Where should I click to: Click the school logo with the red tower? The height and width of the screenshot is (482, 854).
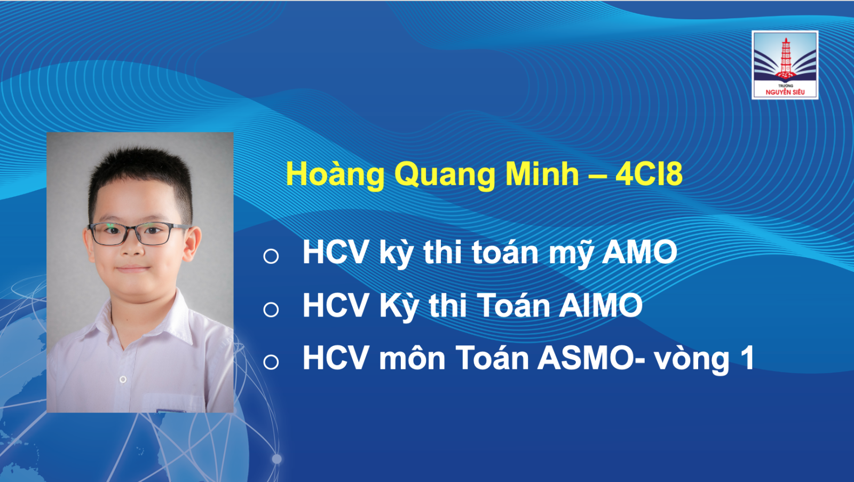785,65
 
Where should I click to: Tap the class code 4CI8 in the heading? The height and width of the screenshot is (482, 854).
649,174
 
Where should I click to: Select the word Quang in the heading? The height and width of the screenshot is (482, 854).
445,176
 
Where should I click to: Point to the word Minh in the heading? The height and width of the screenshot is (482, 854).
542,174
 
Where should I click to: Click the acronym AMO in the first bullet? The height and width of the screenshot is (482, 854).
639,252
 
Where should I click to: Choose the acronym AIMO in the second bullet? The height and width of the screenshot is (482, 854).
600,305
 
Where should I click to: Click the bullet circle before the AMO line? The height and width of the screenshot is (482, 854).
271,256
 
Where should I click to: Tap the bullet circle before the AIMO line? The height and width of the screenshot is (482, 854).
271,309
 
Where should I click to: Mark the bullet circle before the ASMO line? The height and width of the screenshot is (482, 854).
271,362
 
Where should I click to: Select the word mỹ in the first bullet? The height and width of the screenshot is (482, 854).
571,253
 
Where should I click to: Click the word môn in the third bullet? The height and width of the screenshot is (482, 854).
412,359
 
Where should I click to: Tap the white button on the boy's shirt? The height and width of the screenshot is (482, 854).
123,379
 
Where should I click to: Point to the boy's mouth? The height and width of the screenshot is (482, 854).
132,268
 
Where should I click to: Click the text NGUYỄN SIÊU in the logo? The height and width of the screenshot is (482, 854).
785,92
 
